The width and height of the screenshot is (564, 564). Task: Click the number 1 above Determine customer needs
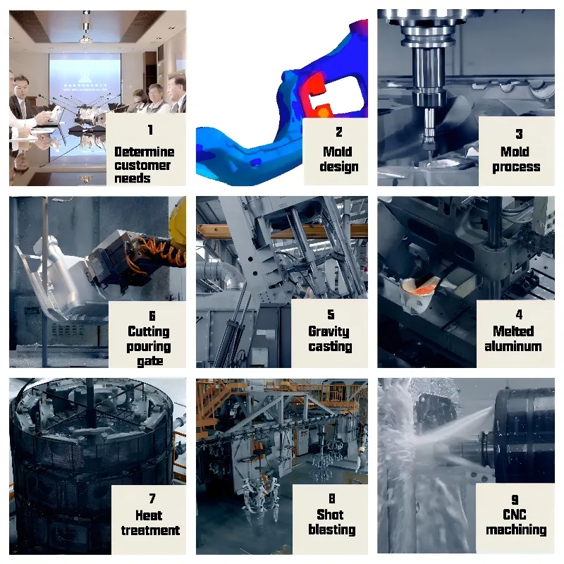149,130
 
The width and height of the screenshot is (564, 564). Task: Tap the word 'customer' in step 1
143,165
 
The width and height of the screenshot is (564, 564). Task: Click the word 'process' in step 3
516,167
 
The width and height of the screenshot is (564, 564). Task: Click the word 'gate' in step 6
150,361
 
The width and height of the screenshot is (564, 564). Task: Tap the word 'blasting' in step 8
331,529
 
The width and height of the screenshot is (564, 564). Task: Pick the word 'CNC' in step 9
515,515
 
